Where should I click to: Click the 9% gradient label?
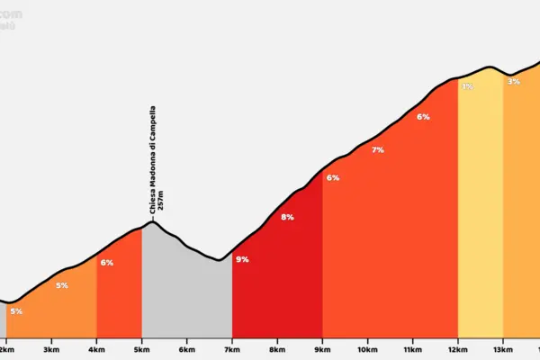click(242, 259)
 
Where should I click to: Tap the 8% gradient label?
click(287, 217)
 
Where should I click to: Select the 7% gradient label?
click(378, 150)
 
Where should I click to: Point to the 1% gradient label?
click(467, 86)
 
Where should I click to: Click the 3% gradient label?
click(513, 81)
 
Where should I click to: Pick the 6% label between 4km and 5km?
click(107, 263)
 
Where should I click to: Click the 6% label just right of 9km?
click(333, 177)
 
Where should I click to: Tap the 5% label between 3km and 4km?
click(62, 285)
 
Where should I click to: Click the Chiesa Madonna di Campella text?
click(153, 157)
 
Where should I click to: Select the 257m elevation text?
click(161, 201)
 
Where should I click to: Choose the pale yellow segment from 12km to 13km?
click(480, 216)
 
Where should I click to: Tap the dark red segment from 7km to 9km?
click(277, 279)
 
